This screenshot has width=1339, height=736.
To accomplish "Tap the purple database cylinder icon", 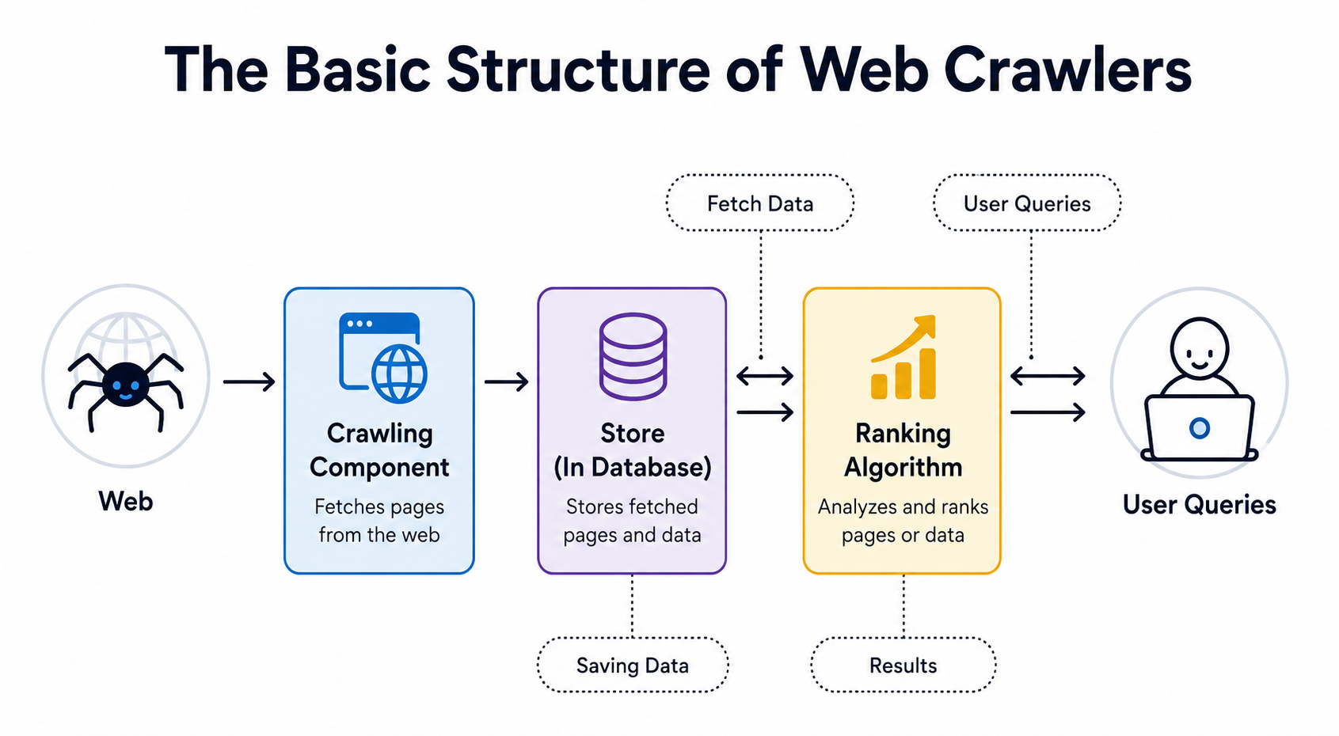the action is coord(633,356).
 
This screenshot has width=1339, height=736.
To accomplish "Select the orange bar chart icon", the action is coord(903,357).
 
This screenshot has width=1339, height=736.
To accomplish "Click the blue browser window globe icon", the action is coord(382,357).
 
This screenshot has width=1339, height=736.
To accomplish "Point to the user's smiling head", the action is coord(1199,348).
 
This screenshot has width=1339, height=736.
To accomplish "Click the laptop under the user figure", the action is coord(1199,428).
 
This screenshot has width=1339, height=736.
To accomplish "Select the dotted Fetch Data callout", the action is coord(759,203).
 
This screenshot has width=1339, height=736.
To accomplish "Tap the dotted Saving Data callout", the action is coord(633,665).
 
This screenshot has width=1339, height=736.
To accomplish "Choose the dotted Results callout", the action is coord(903,665).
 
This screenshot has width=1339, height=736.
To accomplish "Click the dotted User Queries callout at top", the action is coord(1027,203).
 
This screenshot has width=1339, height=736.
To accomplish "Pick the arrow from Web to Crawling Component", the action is coord(249,381).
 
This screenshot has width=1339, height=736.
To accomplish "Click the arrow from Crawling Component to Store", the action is coord(506,381).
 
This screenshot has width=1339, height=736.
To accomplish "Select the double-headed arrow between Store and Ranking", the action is coord(765,377).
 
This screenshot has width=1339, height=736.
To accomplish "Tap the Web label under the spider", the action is coord(126,501).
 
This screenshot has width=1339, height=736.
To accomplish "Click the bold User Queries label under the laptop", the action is coord(1199,505).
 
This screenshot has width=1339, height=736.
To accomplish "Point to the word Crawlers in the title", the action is coord(1067,70).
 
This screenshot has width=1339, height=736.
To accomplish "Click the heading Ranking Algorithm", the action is coord(903,450).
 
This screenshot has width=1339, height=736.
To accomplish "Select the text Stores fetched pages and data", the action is coord(633,520).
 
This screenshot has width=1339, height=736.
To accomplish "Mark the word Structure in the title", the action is coord(578,70).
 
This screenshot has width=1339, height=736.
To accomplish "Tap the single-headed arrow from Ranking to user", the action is coord(1048,412).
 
